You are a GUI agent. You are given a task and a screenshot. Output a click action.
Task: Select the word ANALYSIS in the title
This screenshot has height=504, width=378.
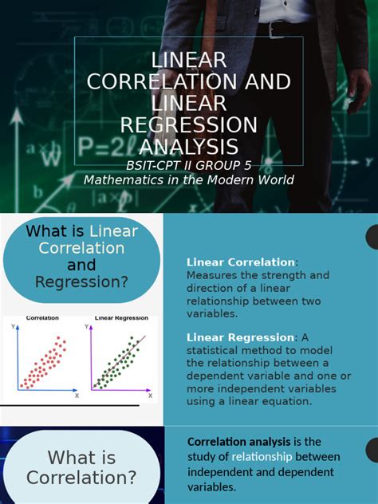[188, 147]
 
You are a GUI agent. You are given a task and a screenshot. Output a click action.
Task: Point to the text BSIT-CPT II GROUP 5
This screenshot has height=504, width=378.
[188, 166]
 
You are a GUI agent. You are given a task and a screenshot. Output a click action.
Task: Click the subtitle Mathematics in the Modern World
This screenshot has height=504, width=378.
[188, 180]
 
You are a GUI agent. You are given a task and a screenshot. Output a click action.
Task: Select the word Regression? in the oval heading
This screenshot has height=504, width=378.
[81, 282]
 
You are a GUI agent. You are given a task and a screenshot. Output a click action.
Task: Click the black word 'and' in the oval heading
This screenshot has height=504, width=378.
[81, 265]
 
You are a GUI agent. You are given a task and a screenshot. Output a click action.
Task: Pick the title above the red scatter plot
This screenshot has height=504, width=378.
[42, 317]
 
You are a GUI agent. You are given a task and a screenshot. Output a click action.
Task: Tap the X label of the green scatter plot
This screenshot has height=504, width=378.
[149, 395]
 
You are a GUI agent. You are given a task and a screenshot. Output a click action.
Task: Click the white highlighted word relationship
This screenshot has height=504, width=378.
[262, 457]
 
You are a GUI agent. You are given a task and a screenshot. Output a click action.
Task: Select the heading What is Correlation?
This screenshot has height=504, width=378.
[81, 468]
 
